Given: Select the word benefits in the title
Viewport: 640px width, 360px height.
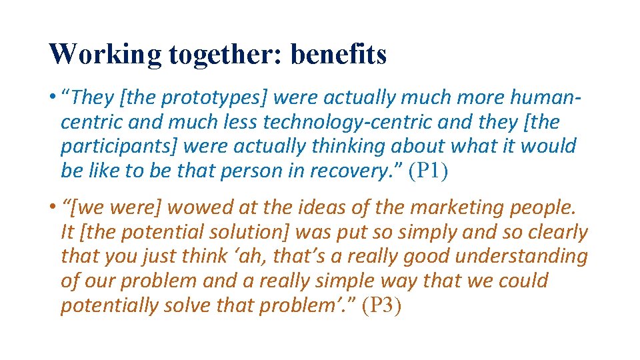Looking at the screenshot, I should pos(339,55).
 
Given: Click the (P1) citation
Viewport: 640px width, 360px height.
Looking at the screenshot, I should pos(429,171).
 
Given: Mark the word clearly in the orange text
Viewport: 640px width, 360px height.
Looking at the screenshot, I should pos(553,233).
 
